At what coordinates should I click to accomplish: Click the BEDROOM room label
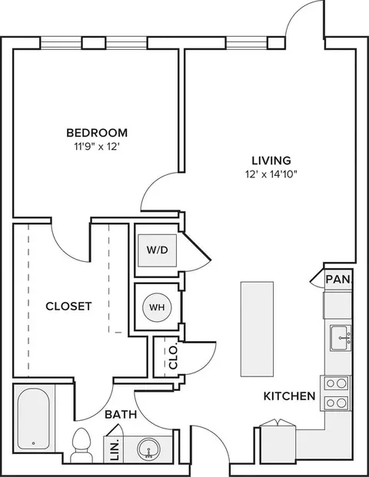(97, 133)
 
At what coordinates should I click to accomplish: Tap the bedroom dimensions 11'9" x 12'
(97, 147)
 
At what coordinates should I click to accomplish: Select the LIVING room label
(271, 161)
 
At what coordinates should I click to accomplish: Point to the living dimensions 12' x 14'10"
(271, 174)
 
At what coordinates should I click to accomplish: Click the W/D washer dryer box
(157, 250)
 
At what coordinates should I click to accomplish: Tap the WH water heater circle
(157, 307)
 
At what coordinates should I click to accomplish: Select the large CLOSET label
(68, 306)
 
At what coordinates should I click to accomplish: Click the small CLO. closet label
(173, 357)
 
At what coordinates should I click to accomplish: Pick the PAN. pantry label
(338, 280)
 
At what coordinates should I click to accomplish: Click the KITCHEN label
(289, 396)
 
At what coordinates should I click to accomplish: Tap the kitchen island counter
(257, 330)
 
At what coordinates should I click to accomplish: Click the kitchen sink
(341, 338)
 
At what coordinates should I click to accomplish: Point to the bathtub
(34, 419)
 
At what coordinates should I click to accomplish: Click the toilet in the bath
(81, 445)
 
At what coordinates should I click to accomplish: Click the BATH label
(121, 414)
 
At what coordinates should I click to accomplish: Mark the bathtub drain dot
(33, 443)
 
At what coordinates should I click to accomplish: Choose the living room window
(247, 43)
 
